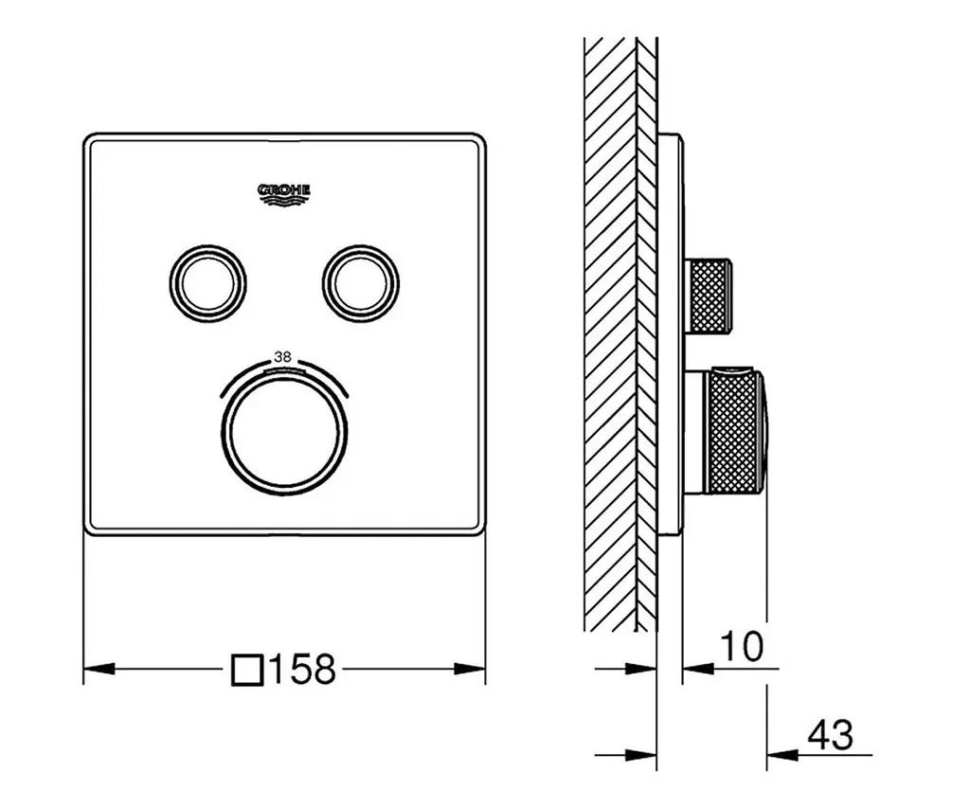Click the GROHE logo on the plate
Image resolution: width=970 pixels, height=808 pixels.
[284, 194]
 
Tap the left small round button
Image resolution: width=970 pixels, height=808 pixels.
[207, 284]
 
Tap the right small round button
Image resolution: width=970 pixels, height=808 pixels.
[361, 284]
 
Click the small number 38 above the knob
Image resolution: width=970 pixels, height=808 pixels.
[282, 357]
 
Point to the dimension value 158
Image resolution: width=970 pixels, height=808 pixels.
[302, 669]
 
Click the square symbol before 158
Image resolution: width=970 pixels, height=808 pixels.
[248, 670]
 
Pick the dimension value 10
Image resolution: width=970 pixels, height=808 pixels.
[742, 647]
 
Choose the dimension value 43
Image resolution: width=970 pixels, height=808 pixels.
[831, 734]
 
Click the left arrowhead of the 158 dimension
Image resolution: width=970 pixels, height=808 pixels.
[99, 669]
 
